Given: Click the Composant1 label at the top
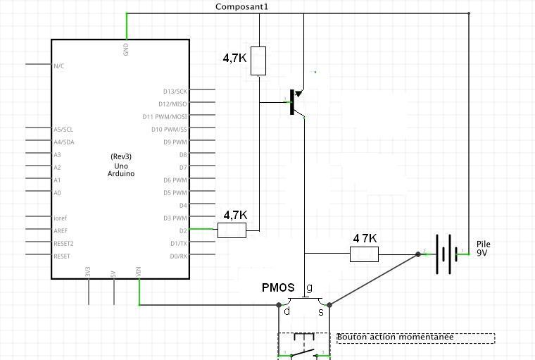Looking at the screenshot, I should point(241,6).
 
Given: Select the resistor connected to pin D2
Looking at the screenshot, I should point(232,230).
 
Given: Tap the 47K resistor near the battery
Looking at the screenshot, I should point(364,254).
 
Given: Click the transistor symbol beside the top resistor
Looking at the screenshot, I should point(296,103).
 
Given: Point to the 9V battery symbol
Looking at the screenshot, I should point(443,254).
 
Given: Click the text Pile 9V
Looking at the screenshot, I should point(484,248).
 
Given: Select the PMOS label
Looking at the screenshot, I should point(278,287).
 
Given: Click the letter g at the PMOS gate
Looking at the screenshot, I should point(310,287).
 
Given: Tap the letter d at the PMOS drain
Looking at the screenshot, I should point(287,311).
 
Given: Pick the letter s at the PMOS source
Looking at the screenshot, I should point(322,311).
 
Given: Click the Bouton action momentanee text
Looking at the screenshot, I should point(394,337).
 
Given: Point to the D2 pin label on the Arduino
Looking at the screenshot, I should point(183,230).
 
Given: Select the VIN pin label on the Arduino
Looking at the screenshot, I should point(139,271).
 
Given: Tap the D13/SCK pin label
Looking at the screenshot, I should point(175,91).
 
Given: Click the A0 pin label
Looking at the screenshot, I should point(58,192).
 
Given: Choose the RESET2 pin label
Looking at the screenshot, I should point(63,243).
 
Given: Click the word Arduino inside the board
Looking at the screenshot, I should point(121,173).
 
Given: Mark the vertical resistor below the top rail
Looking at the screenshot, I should point(259,61).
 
